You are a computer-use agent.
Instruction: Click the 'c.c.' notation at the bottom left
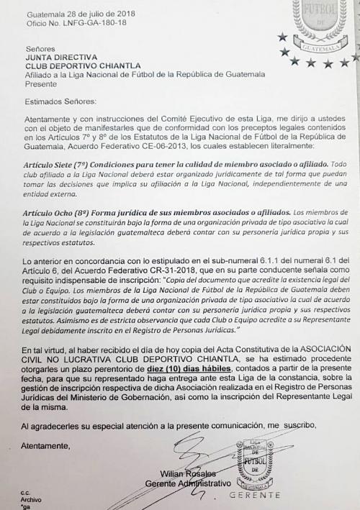[x=27, y=492]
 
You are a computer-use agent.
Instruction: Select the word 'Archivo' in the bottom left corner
[x=32, y=500]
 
